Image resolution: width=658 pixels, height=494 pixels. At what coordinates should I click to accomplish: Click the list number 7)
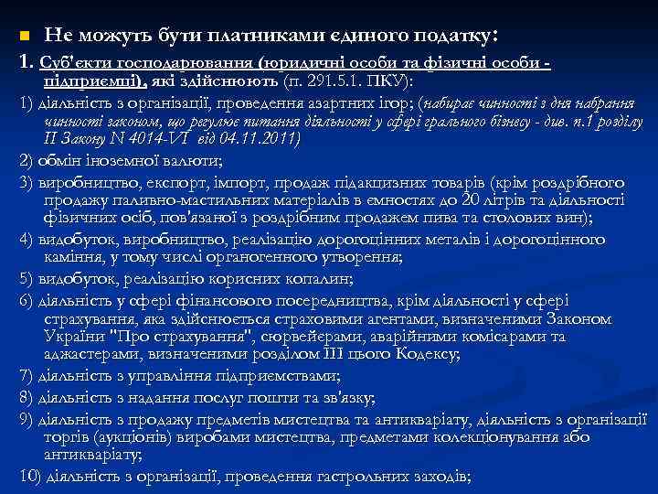pos(27,376)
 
